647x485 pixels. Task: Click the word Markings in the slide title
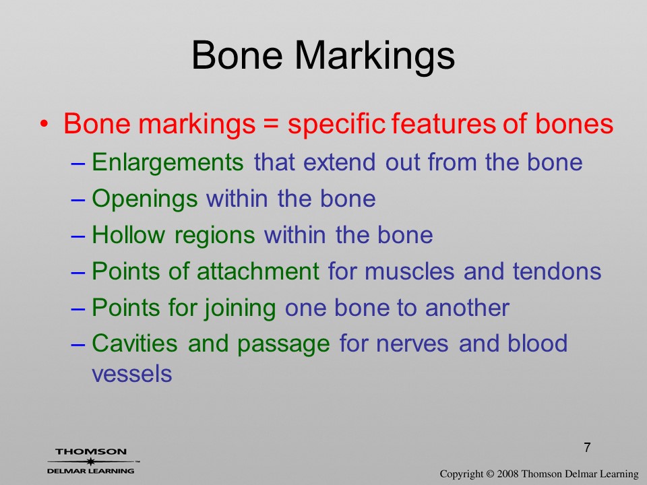[x=375, y=57]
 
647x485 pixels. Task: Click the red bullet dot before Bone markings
[x=44, y=123]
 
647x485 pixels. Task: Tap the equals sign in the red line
[x=271, y=124]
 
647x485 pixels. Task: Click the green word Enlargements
[x=168, y=162]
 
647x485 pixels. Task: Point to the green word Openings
[x=144, y=199]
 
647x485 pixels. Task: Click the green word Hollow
[x=128, y=234]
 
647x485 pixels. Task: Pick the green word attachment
[x=258, y=271]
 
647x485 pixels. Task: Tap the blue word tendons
[x=557, y=271]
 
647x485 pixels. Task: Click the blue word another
[x=467, y=308]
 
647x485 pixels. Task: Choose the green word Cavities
[x=135, y=343]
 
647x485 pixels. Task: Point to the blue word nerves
[x=412, y=344]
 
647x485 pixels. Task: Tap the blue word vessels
[x=131, y=375]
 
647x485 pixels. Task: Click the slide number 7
[x=587, y=447]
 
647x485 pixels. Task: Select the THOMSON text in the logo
[x=91, y=451]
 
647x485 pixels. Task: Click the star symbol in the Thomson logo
[x=90, y=461]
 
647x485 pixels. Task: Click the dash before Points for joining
[x=78, y=308]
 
